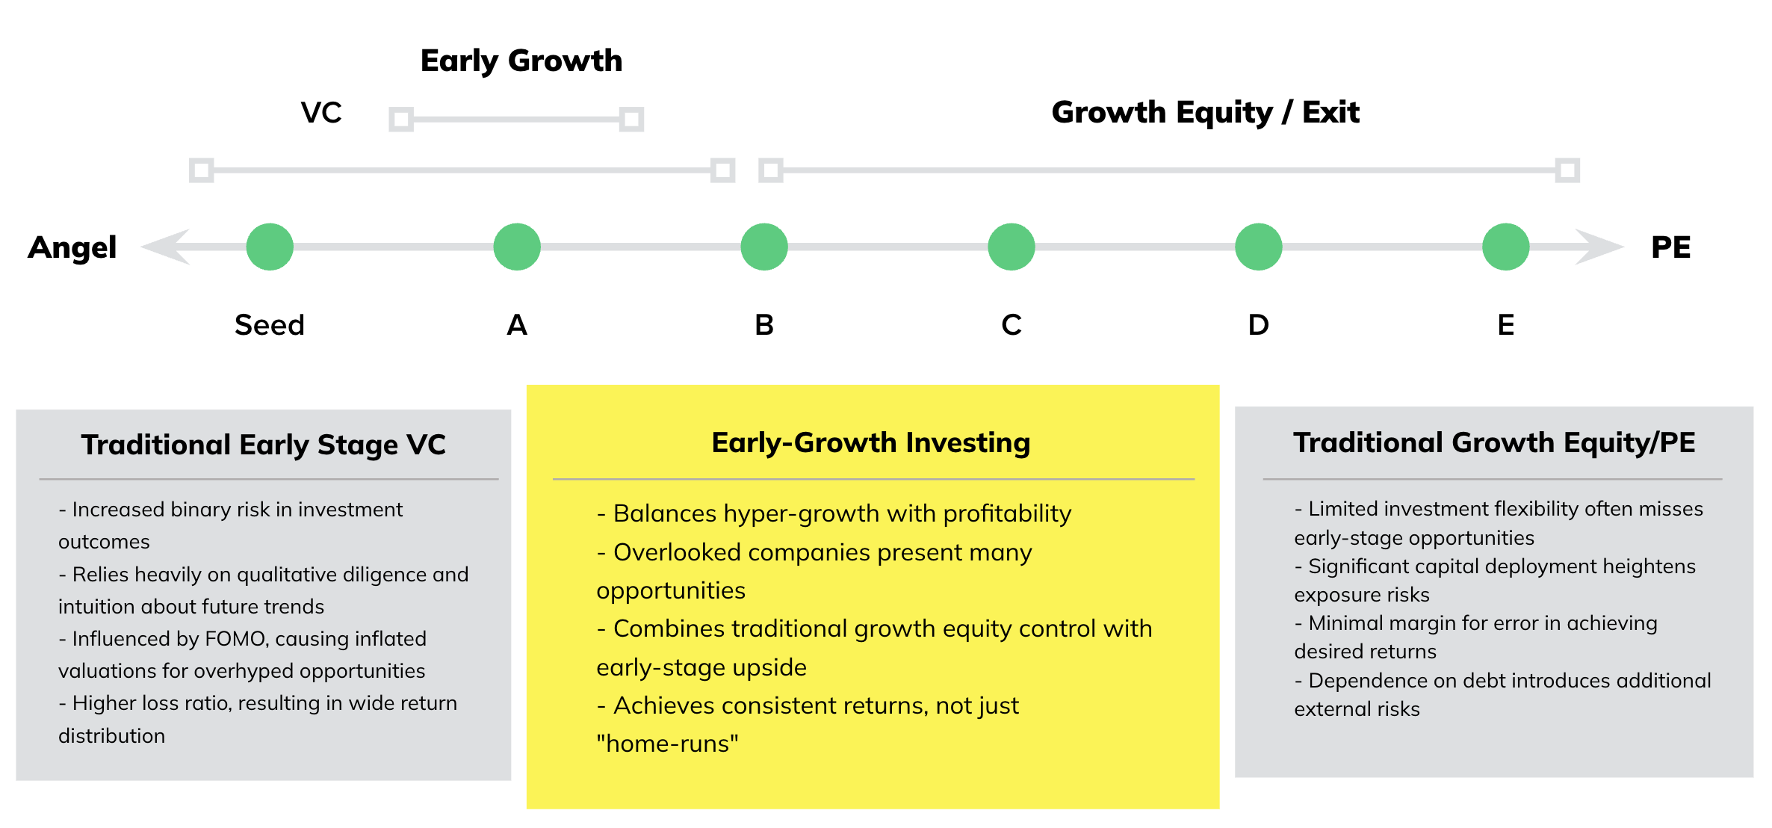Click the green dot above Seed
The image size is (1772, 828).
point(270,247)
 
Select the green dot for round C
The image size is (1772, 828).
point(1012,247)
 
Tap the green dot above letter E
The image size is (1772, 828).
point(1506,247)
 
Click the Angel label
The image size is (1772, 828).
point(72,248)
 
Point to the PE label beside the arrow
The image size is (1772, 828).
point(1671,247)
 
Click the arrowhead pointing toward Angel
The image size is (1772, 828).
point(165,247)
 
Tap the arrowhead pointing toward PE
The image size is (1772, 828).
point(1599,247)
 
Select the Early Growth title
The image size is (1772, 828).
point(521,61)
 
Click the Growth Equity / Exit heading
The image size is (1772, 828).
point(1206,112)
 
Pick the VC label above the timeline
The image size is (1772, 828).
point(321,113)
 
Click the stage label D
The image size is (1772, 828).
point(1259,325)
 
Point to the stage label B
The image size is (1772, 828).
point(764,325)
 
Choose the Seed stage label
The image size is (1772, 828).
point(270,325)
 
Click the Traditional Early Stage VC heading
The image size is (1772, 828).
point(264,445)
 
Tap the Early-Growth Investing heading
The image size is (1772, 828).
point(871,443)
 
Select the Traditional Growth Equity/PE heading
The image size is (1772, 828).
point(1494,443)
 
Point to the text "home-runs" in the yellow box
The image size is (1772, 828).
point(667,744)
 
